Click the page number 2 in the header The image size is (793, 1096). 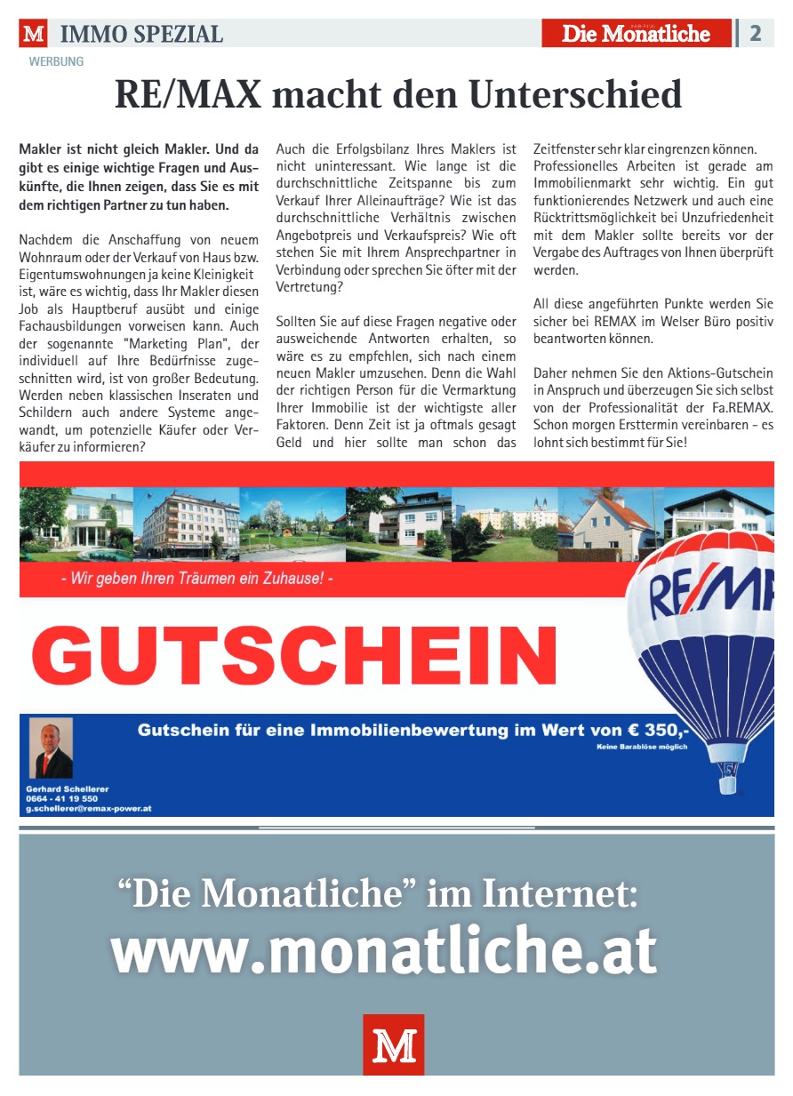(756, 33)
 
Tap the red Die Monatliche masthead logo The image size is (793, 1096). (637, 34)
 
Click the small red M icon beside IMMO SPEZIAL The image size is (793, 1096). (34, 35)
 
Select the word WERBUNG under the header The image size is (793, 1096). (56, 62)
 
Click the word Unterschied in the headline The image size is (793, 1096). (575, 95)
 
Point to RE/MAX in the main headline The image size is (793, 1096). (188, 95)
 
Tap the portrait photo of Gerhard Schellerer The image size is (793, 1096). (51, 748)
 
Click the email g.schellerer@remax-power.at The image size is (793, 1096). (89, 808)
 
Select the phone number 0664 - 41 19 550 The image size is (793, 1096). (62, 798)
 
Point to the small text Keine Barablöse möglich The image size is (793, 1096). (642, 747)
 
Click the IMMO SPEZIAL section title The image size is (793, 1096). (141, 35)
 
